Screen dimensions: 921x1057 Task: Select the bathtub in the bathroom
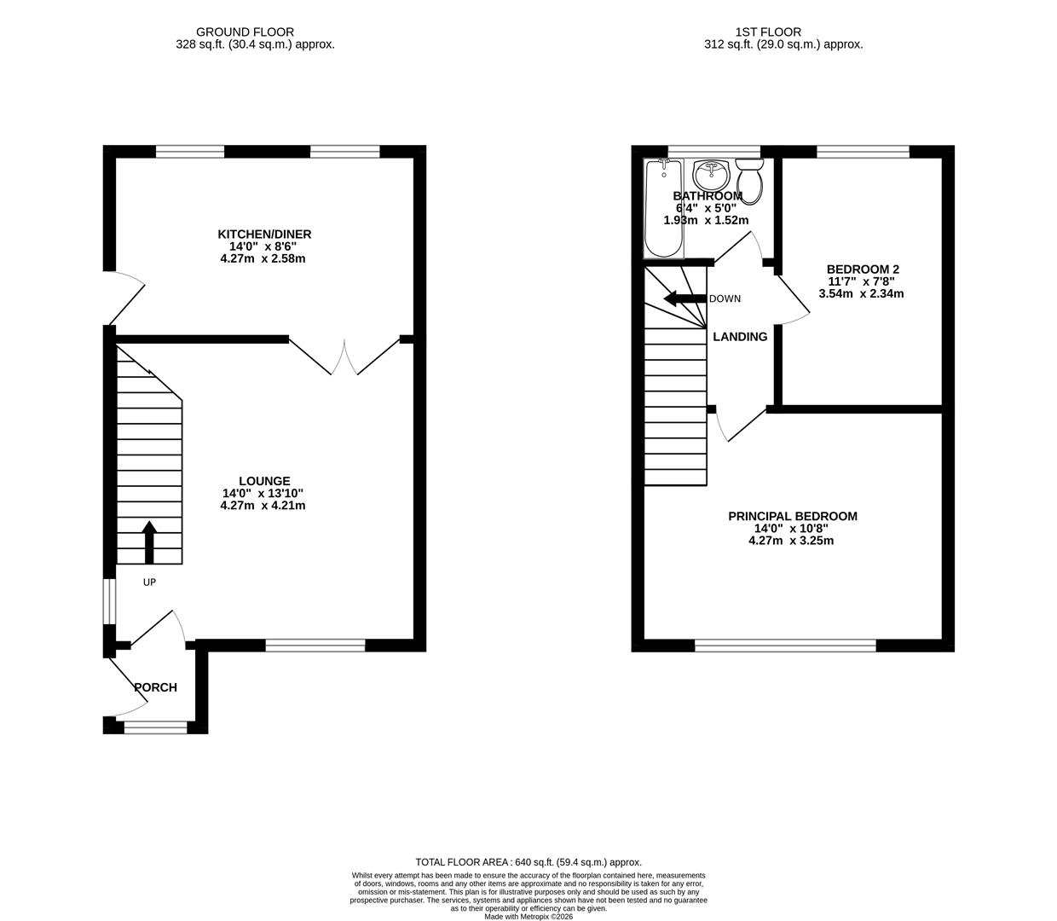(x=662, y=208)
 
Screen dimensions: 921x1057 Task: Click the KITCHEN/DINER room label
(x=264, y=235)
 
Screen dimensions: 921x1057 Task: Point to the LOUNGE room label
(x=264, y=481)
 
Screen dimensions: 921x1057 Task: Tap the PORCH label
(x=155, y=687)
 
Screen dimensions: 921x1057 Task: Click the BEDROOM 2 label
(x=863, y=269)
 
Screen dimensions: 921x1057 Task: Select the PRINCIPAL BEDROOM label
(x=792, y=516)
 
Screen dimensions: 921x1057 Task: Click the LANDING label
(x=740, y=337)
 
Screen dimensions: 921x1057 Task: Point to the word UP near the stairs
(x=149, y=582)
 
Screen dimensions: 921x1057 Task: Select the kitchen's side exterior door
(x=126, y=298)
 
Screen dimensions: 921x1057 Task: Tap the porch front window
(x=155, y=727)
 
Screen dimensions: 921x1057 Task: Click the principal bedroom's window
(x=785, y=646)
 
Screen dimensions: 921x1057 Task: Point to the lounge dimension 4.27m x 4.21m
(x=263, y=506)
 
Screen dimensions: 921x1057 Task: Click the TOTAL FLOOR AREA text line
(x=528, y=862)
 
